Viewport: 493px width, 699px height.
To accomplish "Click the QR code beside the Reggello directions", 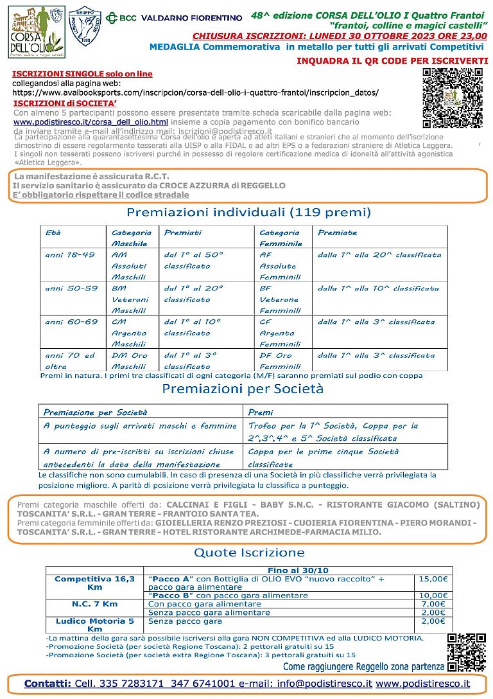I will (467, 653).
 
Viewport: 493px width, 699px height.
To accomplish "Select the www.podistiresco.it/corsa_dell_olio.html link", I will (91, 121).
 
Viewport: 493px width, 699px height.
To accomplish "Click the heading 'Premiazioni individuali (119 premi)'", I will (248, 212).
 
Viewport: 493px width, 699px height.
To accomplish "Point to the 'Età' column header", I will (53, 233).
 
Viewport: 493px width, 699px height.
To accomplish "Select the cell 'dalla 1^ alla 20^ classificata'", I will (379, 255).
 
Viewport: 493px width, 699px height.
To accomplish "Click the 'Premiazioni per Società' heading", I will (243, 389).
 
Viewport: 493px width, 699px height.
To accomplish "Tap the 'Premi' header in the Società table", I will (260, 412).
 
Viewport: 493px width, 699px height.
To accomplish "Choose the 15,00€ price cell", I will (433, 579).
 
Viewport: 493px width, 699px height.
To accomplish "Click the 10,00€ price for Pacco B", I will (433, 596).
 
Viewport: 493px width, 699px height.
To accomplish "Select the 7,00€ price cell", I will (433, 604).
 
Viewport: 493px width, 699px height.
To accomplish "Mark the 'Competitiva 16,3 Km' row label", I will (95, 583).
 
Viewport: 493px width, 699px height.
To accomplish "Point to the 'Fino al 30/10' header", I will (298, 570).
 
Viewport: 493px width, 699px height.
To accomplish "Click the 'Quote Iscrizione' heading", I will (249, 553).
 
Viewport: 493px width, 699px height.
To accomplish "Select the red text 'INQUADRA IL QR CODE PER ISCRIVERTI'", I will (392, 60).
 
